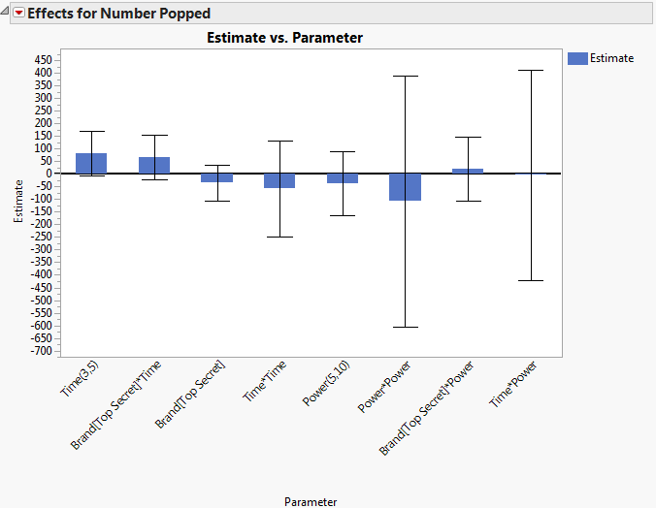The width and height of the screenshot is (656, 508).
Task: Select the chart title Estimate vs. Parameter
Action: [285, 38]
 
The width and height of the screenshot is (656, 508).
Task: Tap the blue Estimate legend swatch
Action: [576, 58]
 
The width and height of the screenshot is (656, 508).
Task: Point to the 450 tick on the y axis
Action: [42, 59]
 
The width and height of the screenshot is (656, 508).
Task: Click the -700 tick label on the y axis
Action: [40, 351]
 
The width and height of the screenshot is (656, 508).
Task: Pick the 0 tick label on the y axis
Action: [47, 174]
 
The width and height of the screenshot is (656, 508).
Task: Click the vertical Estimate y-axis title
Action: [18, 201]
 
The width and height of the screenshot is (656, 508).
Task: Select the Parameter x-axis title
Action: [311, 501]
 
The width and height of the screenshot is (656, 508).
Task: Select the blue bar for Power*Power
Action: [405, 187]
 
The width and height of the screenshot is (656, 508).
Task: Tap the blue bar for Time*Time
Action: [279, 180]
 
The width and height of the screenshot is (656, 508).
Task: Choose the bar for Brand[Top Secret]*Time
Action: [154, 165]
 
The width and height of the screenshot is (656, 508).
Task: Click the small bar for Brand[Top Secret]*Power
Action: [468, 171]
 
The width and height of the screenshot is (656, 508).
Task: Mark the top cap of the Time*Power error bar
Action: [530, 70]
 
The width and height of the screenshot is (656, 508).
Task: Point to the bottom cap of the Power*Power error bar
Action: [405, 328]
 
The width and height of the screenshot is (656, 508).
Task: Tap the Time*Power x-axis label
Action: [513, 386]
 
